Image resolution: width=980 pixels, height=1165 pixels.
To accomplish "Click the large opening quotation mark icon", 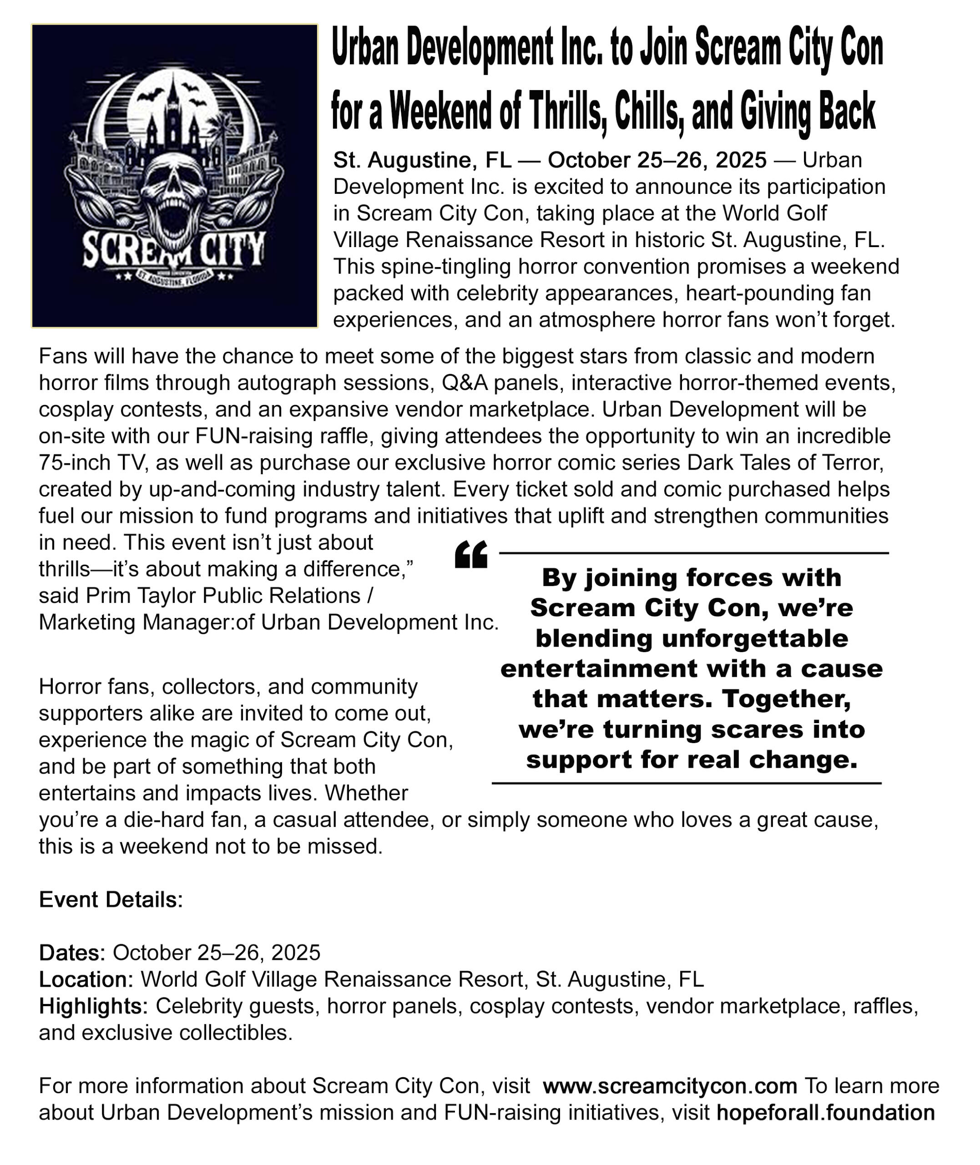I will pyautogui.click(x=470, y=555).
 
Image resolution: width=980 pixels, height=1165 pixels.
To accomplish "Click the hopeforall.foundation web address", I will pyautogui.click(x=826, y=1113).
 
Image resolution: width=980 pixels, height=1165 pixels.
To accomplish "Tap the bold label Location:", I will pyautogui.click(x=86, y=979).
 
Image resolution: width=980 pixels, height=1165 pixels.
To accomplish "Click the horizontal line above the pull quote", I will pyautogui.click(x=693, y=553).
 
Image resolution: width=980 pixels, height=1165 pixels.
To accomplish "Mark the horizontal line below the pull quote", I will pyautogui.click(x=686, y=783).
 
